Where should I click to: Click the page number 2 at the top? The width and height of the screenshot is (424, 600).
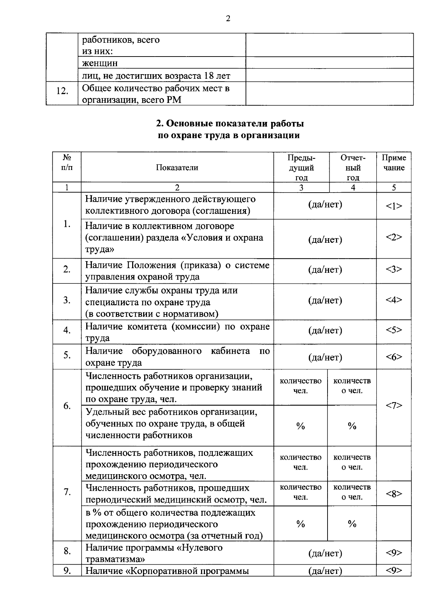click(x=228, y=19)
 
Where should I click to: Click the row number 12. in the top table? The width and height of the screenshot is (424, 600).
click(x=62, y=91)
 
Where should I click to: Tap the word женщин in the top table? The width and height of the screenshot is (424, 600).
click(x=100, y=63)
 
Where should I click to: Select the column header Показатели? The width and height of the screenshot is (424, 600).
click(x=177, y=167)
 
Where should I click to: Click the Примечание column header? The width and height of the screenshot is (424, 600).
click(x=394, y=163)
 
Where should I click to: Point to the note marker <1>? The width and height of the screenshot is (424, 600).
click(x=394, y=206)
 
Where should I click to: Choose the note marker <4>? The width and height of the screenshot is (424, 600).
click(x=394, y=300)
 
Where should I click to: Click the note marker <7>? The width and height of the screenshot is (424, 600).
click(x=394, y=406)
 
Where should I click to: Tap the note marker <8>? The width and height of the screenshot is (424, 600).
click(x=394, y=494)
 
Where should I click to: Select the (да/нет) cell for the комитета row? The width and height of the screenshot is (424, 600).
click(x=325, y=330)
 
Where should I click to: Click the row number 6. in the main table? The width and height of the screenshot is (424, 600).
click(x=67, y=406)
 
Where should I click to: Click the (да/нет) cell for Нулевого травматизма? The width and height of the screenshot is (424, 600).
click(x=325, y=553)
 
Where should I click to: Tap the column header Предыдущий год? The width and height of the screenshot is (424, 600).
click(x=301, y=167)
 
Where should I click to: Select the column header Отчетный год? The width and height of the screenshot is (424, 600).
click(x=353, y=167)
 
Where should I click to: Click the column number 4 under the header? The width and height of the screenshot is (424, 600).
click(x=353, y=188)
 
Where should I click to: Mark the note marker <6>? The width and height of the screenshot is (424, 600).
click(x=394, y=357)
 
